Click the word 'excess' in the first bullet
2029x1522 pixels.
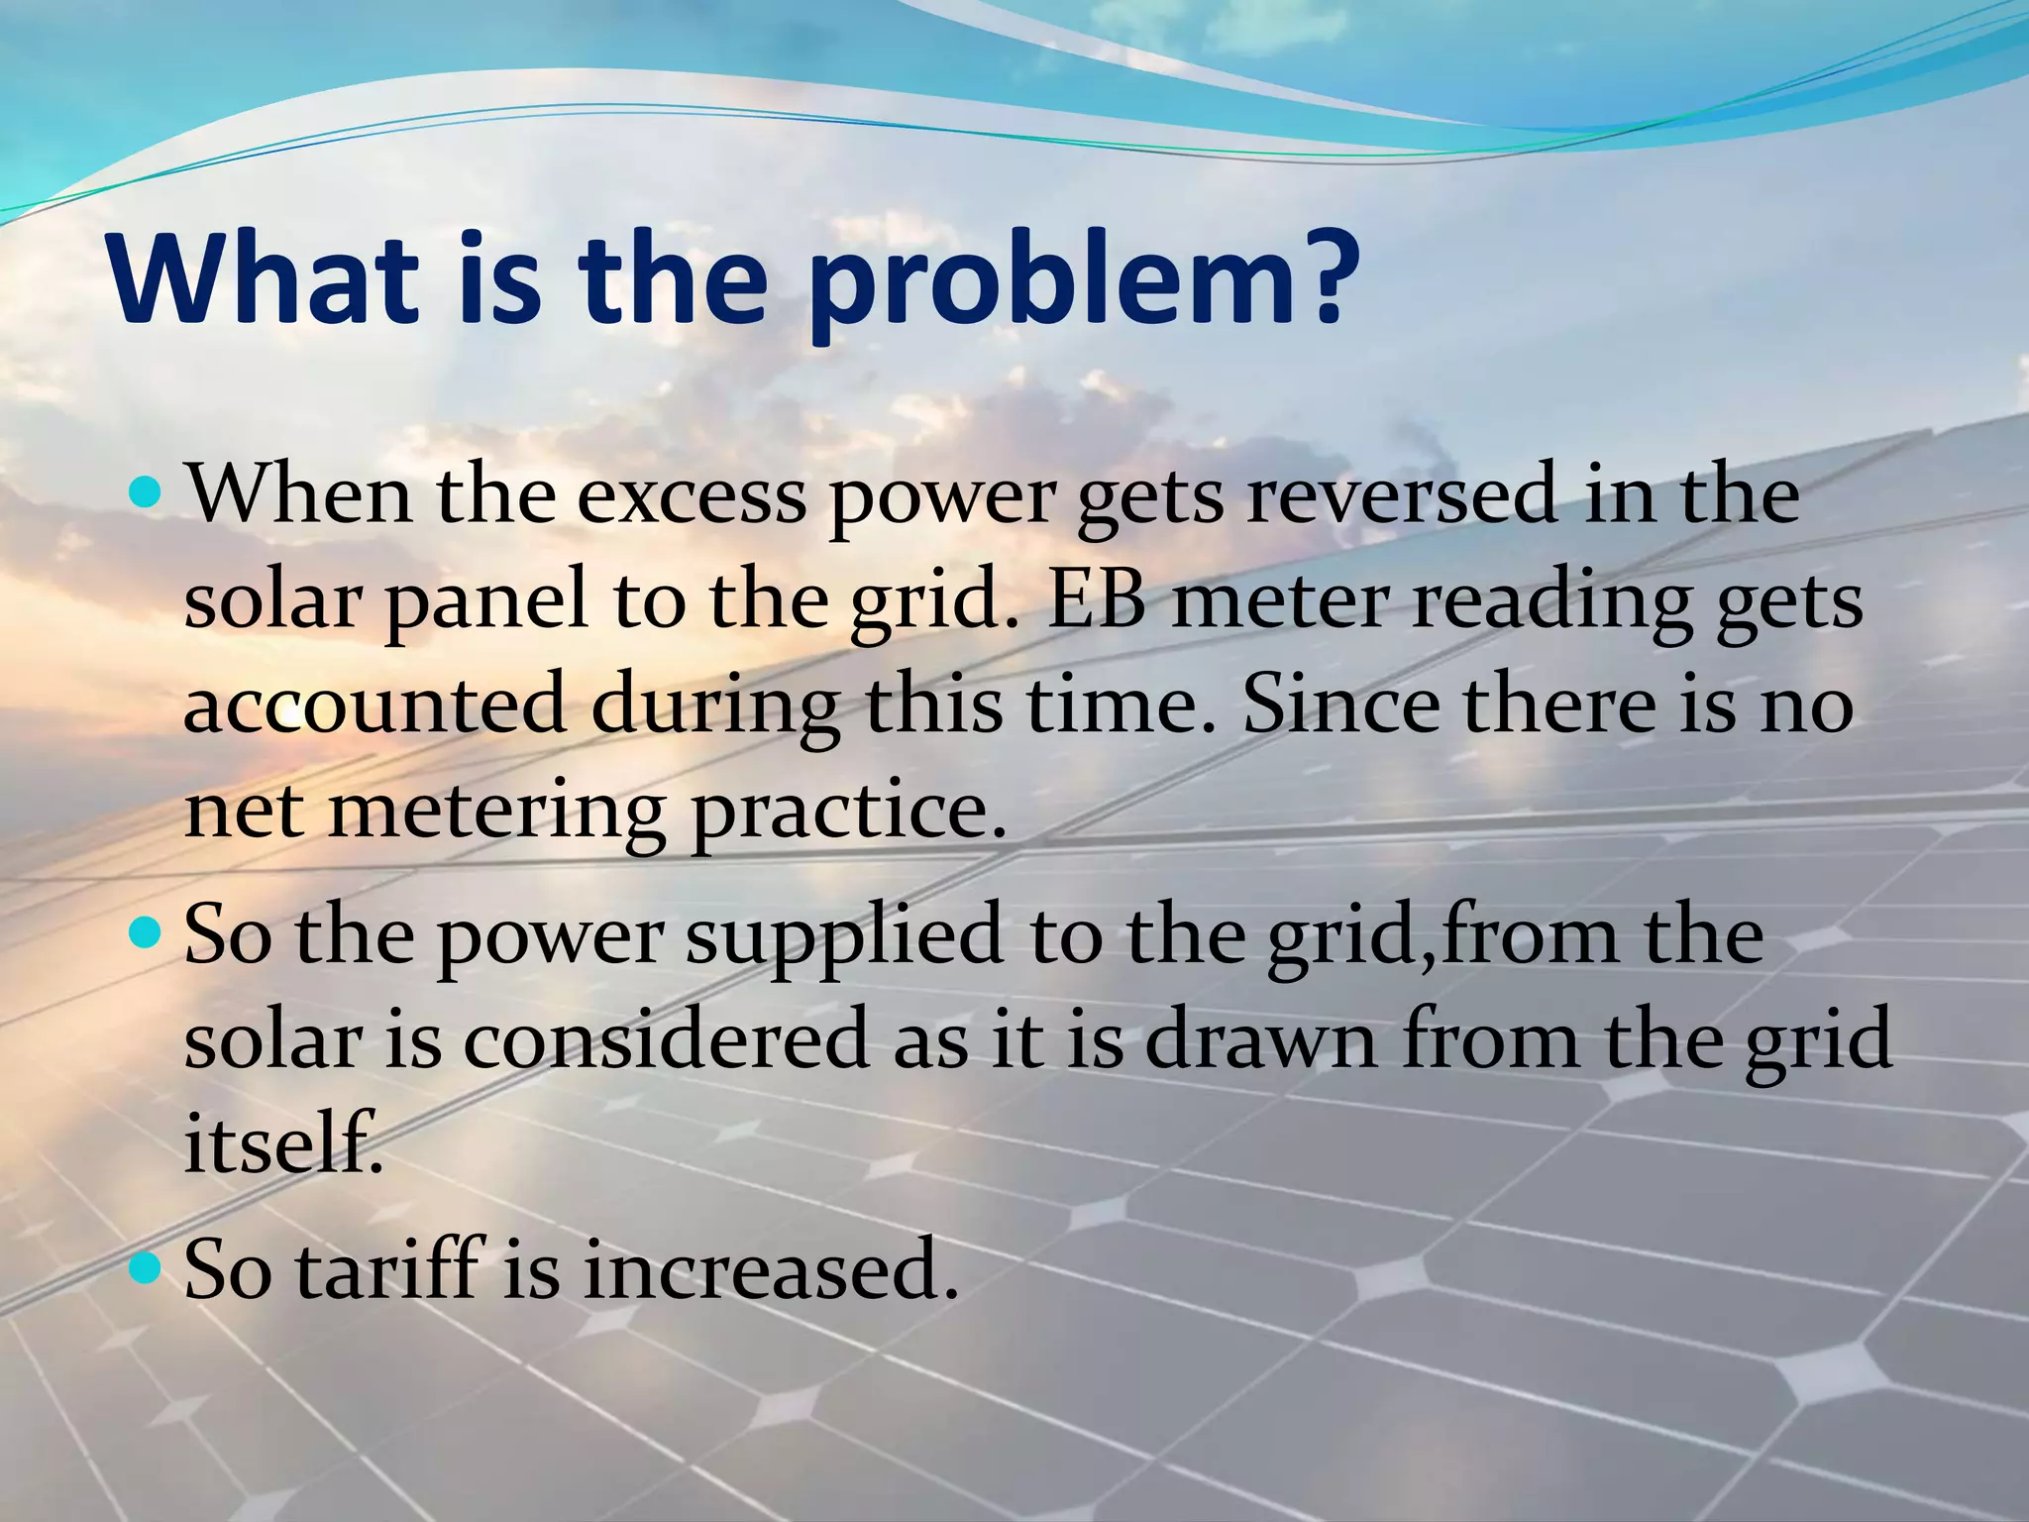tap(691, 495)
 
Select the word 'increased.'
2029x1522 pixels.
tap(771, 1270)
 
